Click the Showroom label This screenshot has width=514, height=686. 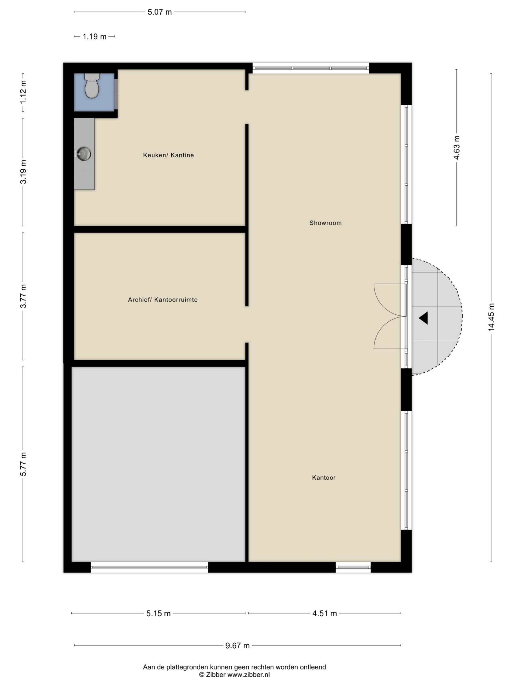(325, 223)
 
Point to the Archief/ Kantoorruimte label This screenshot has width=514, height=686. (163, 300)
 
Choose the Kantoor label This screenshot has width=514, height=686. (324, 478)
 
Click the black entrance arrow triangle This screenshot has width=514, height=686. (424, 318)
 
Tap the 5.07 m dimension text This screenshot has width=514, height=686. (160, 12)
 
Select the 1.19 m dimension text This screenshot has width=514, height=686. (95, 37)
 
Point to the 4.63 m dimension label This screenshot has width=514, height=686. (456, 147)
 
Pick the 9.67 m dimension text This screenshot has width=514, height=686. (237, 645)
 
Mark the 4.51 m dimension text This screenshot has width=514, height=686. (324, 613)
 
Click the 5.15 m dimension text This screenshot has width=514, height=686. (158, 613)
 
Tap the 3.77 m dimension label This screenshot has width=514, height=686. (23, 296)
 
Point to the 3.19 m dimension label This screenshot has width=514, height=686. (23, 172)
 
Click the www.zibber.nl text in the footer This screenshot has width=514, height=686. (248, 674)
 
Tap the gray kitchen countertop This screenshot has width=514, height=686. (84, 154)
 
